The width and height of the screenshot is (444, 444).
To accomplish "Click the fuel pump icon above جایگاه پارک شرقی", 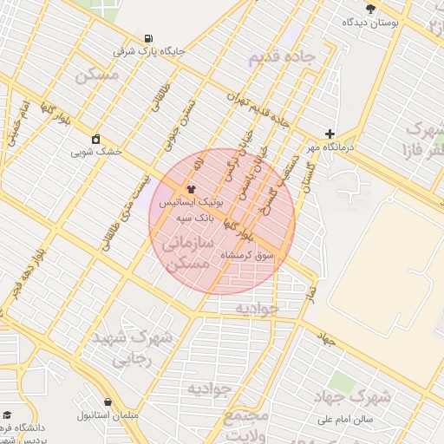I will point(149,38).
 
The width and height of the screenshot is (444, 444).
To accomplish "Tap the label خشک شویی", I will point(96,151).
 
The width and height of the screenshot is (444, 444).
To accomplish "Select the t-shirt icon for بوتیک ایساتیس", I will point(192,187).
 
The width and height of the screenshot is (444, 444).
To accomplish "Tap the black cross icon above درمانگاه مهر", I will point(329,134).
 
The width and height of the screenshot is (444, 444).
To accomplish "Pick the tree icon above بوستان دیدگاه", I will point(371,9).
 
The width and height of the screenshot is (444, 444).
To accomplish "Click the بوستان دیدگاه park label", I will point(370,22).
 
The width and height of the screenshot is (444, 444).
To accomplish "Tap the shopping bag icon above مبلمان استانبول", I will point(108,402).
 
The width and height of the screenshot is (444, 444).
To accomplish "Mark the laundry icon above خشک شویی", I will point(95,139).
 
